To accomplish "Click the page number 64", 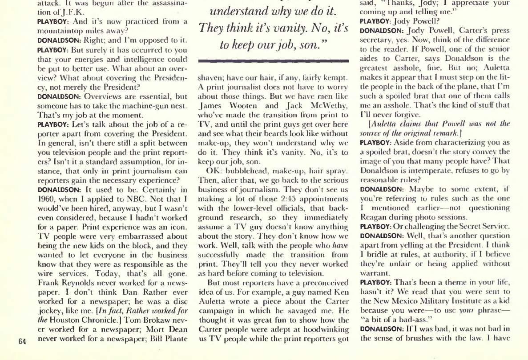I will coord(23,342).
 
